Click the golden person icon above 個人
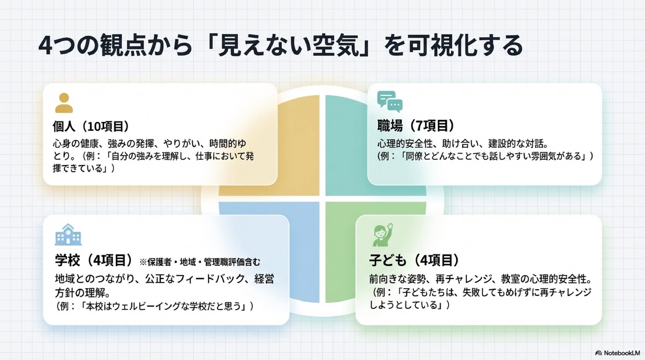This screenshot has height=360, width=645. coord(64,103)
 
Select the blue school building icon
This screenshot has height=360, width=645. coord(68,234)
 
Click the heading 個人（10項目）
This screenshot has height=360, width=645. coord(91,126)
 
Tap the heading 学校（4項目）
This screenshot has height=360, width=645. coord(94,260)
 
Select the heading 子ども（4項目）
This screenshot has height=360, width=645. coord(414,260)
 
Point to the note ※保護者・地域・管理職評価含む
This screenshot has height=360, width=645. coord(199,262)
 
